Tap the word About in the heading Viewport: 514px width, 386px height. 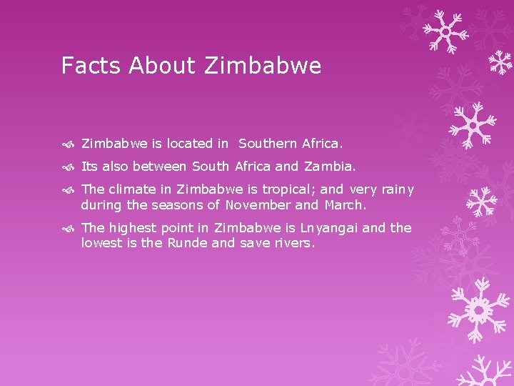(x=162, y=66)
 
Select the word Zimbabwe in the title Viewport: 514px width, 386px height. (x=263, y=66)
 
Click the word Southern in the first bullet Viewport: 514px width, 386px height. (x=268, y=144)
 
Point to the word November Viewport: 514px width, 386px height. (x=258, y=205)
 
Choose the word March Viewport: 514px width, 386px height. (x=345, y=205)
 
